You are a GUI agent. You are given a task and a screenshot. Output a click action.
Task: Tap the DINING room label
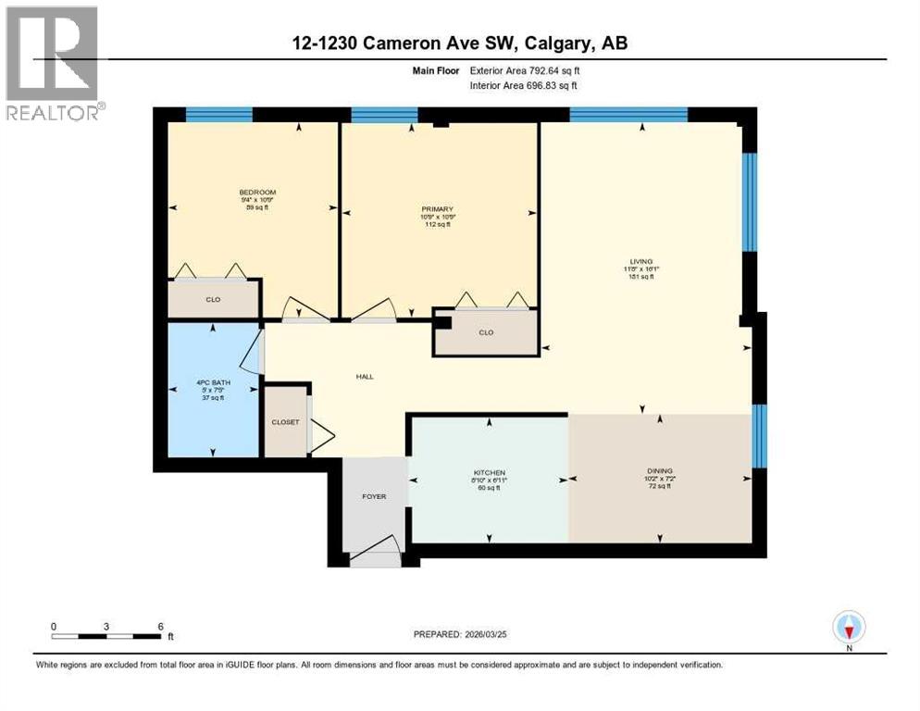click(660, 470)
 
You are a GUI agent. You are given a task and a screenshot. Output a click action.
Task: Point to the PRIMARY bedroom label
click(437, 209)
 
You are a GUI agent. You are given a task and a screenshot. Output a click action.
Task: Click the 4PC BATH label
click(212, 382)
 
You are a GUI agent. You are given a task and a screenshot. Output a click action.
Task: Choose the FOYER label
click(374, 496)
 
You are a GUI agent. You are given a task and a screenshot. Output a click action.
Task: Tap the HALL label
click(365, 377)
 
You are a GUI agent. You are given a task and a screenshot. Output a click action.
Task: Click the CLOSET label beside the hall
click(285, 422)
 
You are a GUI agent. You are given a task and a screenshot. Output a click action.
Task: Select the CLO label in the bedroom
click(212, 300)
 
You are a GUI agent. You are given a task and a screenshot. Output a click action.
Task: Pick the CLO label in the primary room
click(486, 332)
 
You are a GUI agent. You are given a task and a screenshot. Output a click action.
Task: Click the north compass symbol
click(848, 629)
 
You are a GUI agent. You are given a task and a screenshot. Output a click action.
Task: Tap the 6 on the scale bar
click(160, 626)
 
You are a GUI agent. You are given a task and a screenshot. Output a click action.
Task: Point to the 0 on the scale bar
click(54, 626)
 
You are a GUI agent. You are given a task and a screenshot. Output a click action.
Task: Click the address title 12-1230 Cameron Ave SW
click(459, 44)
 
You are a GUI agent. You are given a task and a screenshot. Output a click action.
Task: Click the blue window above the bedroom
click(218, 115)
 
